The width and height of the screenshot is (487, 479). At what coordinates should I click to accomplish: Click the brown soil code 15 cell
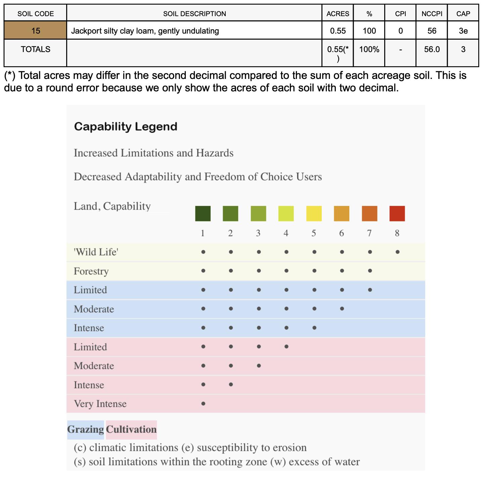[35, 31]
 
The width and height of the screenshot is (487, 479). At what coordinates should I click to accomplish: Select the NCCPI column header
[432, 14]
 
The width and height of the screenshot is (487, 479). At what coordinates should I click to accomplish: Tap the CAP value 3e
[463, 31]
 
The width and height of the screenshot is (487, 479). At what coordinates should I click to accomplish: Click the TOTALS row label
[35, 49]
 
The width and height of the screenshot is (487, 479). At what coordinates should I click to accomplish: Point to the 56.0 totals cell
[432, 49]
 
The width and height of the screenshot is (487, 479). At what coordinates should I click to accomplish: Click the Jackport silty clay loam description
[145, 31]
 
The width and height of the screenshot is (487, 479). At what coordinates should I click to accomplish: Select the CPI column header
[400, 14]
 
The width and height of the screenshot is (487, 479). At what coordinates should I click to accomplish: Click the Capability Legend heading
[126, 127]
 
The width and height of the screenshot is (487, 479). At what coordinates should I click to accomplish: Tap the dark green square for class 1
[203, 214]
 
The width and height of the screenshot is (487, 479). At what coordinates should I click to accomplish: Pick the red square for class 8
[397, 214]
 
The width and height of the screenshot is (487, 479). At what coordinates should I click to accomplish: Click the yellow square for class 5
[314, 214]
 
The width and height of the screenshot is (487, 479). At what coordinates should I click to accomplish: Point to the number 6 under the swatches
[342, 233]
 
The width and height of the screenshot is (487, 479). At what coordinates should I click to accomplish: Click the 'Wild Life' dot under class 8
[397, 252]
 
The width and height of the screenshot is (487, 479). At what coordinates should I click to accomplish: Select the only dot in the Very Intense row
[203, 404]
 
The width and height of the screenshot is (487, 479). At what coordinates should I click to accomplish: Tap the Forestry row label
[91, 271]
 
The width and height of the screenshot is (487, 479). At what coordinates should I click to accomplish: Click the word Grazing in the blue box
[86, 430]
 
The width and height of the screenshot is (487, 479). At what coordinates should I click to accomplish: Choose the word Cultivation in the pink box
[131, 430]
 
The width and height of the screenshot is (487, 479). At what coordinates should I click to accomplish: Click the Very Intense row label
[100, 404]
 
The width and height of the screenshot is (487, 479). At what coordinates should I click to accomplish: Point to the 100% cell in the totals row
[369, 49]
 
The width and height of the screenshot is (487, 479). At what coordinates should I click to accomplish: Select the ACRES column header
[338, 14]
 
